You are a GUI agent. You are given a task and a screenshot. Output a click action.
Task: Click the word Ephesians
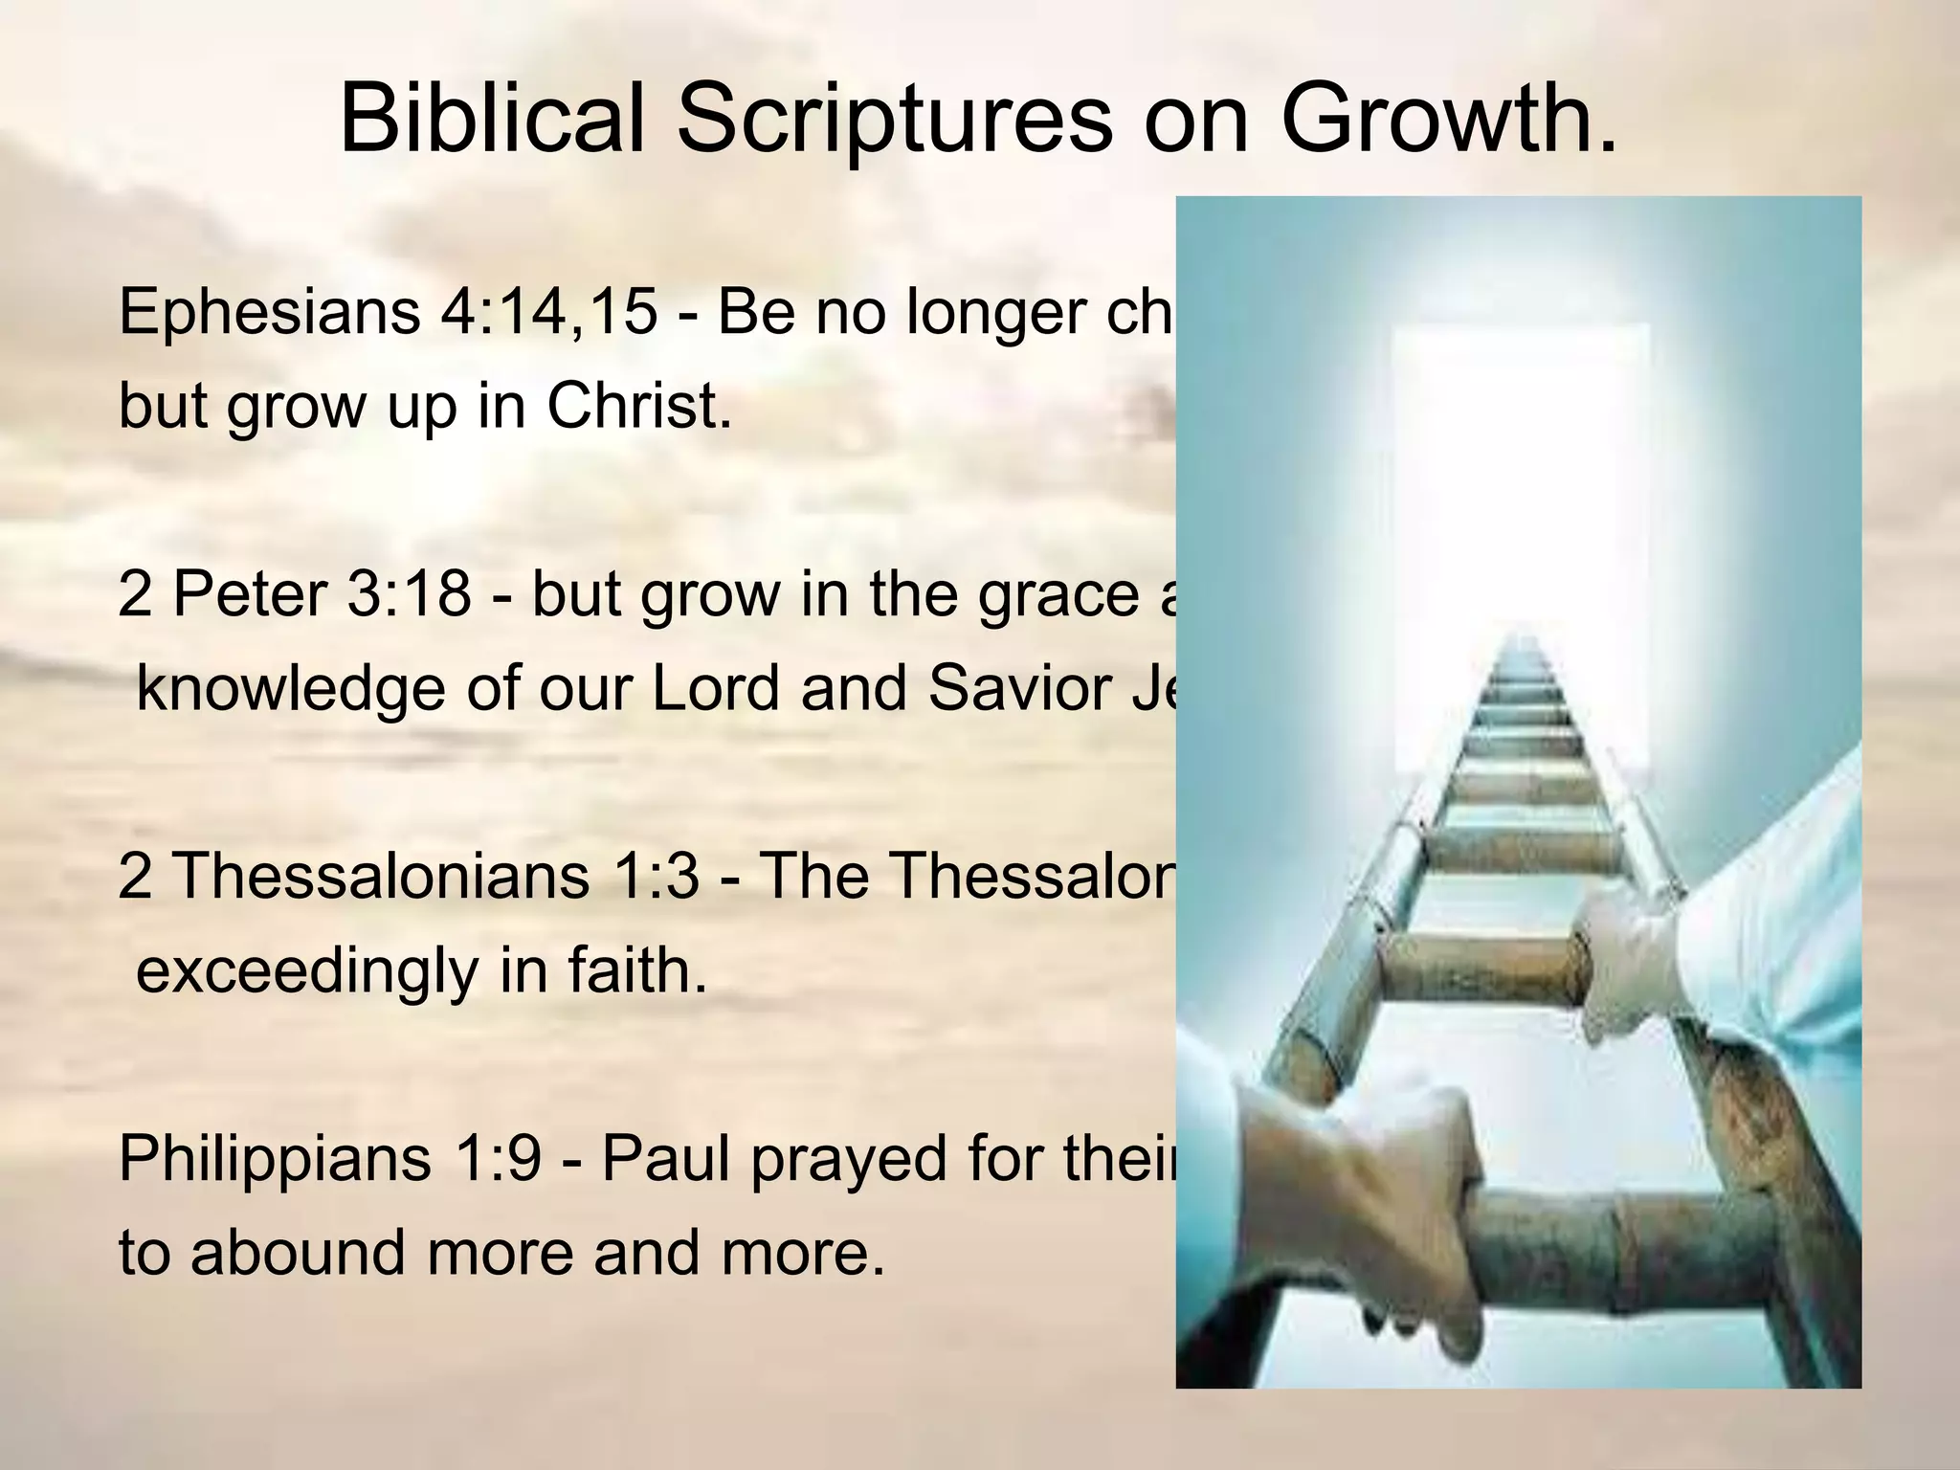click(269, 313)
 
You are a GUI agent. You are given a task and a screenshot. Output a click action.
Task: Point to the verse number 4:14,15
click(548, 313)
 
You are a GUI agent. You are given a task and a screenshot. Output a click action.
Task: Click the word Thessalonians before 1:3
click(382, 876)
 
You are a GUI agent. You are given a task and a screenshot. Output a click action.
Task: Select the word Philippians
click(275, 1159)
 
